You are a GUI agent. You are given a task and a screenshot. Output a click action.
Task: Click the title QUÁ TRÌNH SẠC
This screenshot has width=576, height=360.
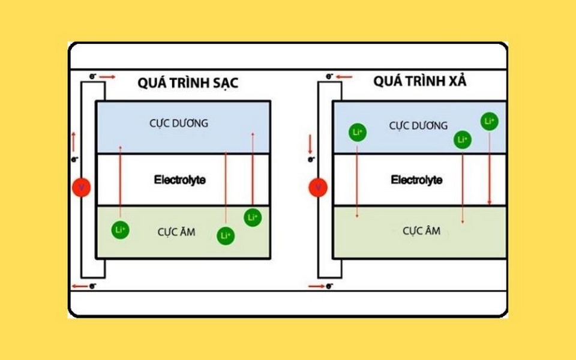click(188, 82)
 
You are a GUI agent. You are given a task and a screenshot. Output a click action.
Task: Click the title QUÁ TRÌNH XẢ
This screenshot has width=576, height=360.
click(420, 80)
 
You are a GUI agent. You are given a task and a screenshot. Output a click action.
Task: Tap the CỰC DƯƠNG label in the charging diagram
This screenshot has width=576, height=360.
click(179, 123)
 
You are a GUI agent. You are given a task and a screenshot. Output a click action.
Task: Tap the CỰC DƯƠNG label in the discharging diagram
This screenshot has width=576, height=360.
click(418, 125)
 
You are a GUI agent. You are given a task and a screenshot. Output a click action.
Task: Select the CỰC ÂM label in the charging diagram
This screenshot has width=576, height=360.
click(176, 232)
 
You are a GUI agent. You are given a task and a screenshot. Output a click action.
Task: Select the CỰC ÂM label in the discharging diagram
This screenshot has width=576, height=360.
click(421, 230)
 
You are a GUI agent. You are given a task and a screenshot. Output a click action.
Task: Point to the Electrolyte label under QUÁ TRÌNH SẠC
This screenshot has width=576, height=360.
click(179, 179)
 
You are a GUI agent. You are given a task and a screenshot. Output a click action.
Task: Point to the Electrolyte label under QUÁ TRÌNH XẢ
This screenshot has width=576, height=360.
click(416, 179)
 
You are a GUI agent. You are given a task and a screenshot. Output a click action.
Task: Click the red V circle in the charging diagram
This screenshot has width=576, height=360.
click(82, 187)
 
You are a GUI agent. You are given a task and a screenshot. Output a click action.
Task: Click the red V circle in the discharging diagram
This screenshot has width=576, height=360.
click(318, 187)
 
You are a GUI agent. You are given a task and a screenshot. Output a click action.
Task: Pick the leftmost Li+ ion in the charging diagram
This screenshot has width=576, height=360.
click(121, 230)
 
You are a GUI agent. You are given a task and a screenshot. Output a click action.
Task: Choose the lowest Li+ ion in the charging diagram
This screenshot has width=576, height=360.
click(226, 236)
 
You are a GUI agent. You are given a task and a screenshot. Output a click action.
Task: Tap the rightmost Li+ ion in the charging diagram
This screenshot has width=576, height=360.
click(253, 217)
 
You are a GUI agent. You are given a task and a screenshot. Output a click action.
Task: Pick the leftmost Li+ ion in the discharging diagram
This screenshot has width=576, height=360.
click(358, 132)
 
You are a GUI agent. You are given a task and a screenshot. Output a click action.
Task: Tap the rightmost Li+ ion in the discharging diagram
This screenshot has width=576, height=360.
click(490, 121)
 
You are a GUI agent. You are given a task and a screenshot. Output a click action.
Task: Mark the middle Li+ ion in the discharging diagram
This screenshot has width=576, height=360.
click(463, 140)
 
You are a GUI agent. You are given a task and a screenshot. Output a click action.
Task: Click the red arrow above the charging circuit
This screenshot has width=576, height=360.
click(107, 77)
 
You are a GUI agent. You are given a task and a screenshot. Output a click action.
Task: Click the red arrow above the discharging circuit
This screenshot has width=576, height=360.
click(344, 77)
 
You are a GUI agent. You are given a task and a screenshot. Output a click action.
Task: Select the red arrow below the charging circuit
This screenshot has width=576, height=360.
click(80, 286)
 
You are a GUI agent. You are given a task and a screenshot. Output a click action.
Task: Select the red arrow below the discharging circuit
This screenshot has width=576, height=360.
click(317, 286)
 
